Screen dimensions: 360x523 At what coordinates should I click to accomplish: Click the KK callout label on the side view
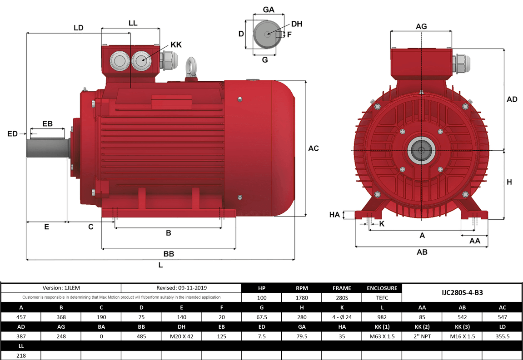(176, 45)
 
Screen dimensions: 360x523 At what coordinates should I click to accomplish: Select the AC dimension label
(314, 148)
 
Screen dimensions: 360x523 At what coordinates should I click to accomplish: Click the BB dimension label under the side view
(169, 254)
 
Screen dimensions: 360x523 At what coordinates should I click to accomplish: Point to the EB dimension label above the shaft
(47, 124)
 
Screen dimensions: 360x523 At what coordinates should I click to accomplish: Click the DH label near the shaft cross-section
(296, 24)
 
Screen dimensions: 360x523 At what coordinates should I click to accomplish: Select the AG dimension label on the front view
(421, 26)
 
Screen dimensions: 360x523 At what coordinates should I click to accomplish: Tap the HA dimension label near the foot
(334, 215)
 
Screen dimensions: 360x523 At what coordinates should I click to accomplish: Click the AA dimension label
(475, 241)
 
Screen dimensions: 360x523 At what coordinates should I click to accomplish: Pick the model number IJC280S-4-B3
(462, 292)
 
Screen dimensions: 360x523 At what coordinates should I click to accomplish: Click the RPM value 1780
(302, 298)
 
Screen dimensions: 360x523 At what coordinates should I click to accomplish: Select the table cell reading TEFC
(382, 298)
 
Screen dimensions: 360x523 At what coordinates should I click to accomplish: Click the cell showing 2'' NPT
(422, 336)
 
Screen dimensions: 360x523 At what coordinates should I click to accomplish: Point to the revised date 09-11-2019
(181, 288)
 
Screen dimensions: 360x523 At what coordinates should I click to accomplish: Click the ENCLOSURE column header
(382, 288)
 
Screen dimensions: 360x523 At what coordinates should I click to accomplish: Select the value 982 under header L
(382, 317)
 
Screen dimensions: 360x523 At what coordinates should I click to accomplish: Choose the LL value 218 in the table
(21, 356)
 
